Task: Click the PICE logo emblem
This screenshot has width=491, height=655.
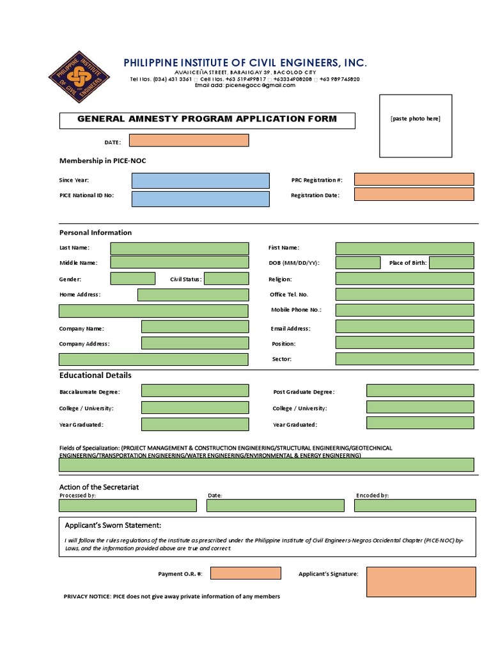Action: pos(79,77)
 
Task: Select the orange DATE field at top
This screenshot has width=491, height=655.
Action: pos(189,141)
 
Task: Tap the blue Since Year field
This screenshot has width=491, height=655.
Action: pos(200,180)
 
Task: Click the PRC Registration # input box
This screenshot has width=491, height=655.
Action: pos(414,180)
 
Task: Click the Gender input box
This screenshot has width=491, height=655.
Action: pos(132,278)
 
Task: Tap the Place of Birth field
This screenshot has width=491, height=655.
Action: pos(451,262)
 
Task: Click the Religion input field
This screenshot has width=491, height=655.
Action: pos(405,278)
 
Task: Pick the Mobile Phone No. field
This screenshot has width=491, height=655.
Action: pos(405,310)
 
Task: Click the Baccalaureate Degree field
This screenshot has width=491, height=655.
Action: pos(195,391)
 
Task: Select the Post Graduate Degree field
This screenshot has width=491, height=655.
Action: pos(420,391)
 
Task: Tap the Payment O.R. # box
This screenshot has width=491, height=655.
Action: pos(245,573)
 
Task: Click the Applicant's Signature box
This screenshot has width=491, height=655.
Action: pos(421,581)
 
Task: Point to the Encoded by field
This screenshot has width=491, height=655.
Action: pos(414,505)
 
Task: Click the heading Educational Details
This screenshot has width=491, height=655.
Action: pos(95,375)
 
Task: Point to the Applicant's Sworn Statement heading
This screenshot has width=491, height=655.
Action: pos(113,525)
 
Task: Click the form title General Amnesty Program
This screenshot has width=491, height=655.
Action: pos(207,119)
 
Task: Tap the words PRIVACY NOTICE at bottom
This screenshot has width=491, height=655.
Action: pos(88,597)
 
